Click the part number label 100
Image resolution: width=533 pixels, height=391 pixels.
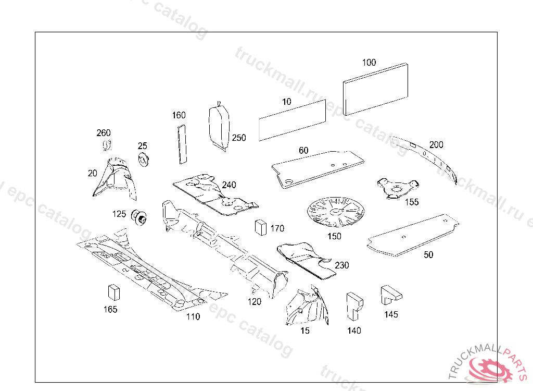coord(369,63)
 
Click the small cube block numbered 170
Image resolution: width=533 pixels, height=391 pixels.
coord(261,227)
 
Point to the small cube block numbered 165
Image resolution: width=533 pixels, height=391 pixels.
coord(113,292)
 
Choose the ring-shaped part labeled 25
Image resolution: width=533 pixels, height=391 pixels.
coord(143,159)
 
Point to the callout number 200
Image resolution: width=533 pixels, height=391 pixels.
coord(436,144)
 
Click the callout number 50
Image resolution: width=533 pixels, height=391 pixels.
coord(428,255)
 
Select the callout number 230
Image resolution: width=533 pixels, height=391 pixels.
coord(342,265)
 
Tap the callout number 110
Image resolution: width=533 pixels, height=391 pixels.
coord(193,316)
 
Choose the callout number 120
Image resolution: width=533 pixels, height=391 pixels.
coord(254,301)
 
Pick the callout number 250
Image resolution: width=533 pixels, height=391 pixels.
coord(239,138)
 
